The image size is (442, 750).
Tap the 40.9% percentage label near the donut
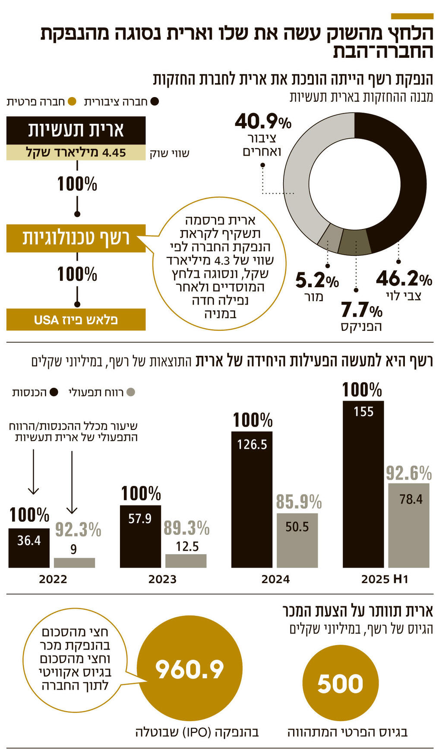pos(263,122)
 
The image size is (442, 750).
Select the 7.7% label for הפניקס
pos(361,310)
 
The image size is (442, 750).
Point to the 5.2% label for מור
pos(317,281)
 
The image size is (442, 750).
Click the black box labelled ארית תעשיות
pos(76,130)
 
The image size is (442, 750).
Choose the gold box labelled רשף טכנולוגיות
pos(76,238)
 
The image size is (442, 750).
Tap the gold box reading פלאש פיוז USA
pos(76,320)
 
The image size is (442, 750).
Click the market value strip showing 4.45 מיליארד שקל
pos(76,153)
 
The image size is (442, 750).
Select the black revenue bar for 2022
pos(29,548)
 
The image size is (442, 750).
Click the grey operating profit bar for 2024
pos(297,540)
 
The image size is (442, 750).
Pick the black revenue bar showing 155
pos(363,483)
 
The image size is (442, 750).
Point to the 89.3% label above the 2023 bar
pos(186,528)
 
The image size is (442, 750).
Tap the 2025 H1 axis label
pos(385,579)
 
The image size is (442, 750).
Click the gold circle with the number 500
pos(341,684)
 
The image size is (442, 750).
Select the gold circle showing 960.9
pos(189,670)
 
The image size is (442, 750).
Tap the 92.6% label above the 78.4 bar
pos(408,474)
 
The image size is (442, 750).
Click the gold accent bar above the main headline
pos(412,16)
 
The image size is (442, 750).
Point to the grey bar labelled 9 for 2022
pos(74,562)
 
